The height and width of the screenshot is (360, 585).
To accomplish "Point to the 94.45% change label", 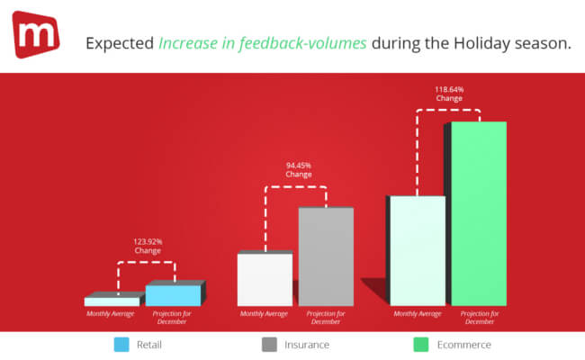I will [299, 169].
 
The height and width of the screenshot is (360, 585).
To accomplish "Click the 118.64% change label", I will [449, 94].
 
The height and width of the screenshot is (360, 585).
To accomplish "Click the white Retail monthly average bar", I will [112, 301].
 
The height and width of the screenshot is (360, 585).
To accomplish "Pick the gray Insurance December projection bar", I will [326, 256].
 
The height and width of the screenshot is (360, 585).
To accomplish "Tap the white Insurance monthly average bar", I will [265, 279].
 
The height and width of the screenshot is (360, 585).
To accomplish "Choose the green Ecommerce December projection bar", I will [479, 213].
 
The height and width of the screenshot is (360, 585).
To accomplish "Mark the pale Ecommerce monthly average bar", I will [418, 250].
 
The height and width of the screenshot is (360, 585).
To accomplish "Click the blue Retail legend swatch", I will [121, 344].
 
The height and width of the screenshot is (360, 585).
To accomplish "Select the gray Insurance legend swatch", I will [270, 344].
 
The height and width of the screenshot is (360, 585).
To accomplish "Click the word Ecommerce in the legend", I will [465, 344].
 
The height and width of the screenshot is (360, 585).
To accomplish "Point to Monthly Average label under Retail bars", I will [112, 313].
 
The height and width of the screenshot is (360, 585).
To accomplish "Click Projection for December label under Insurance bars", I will [326, 317].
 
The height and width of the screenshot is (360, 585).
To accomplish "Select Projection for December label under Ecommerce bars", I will [479, 317].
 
